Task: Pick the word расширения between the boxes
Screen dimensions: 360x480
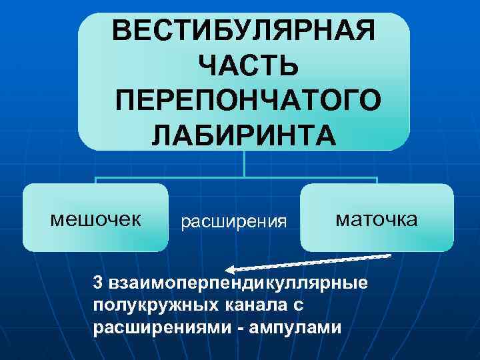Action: [234, 221]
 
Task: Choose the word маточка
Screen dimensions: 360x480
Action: [376, 219]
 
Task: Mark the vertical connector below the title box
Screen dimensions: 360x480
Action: [245, 163]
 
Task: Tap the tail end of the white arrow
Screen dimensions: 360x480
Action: [389, 255]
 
